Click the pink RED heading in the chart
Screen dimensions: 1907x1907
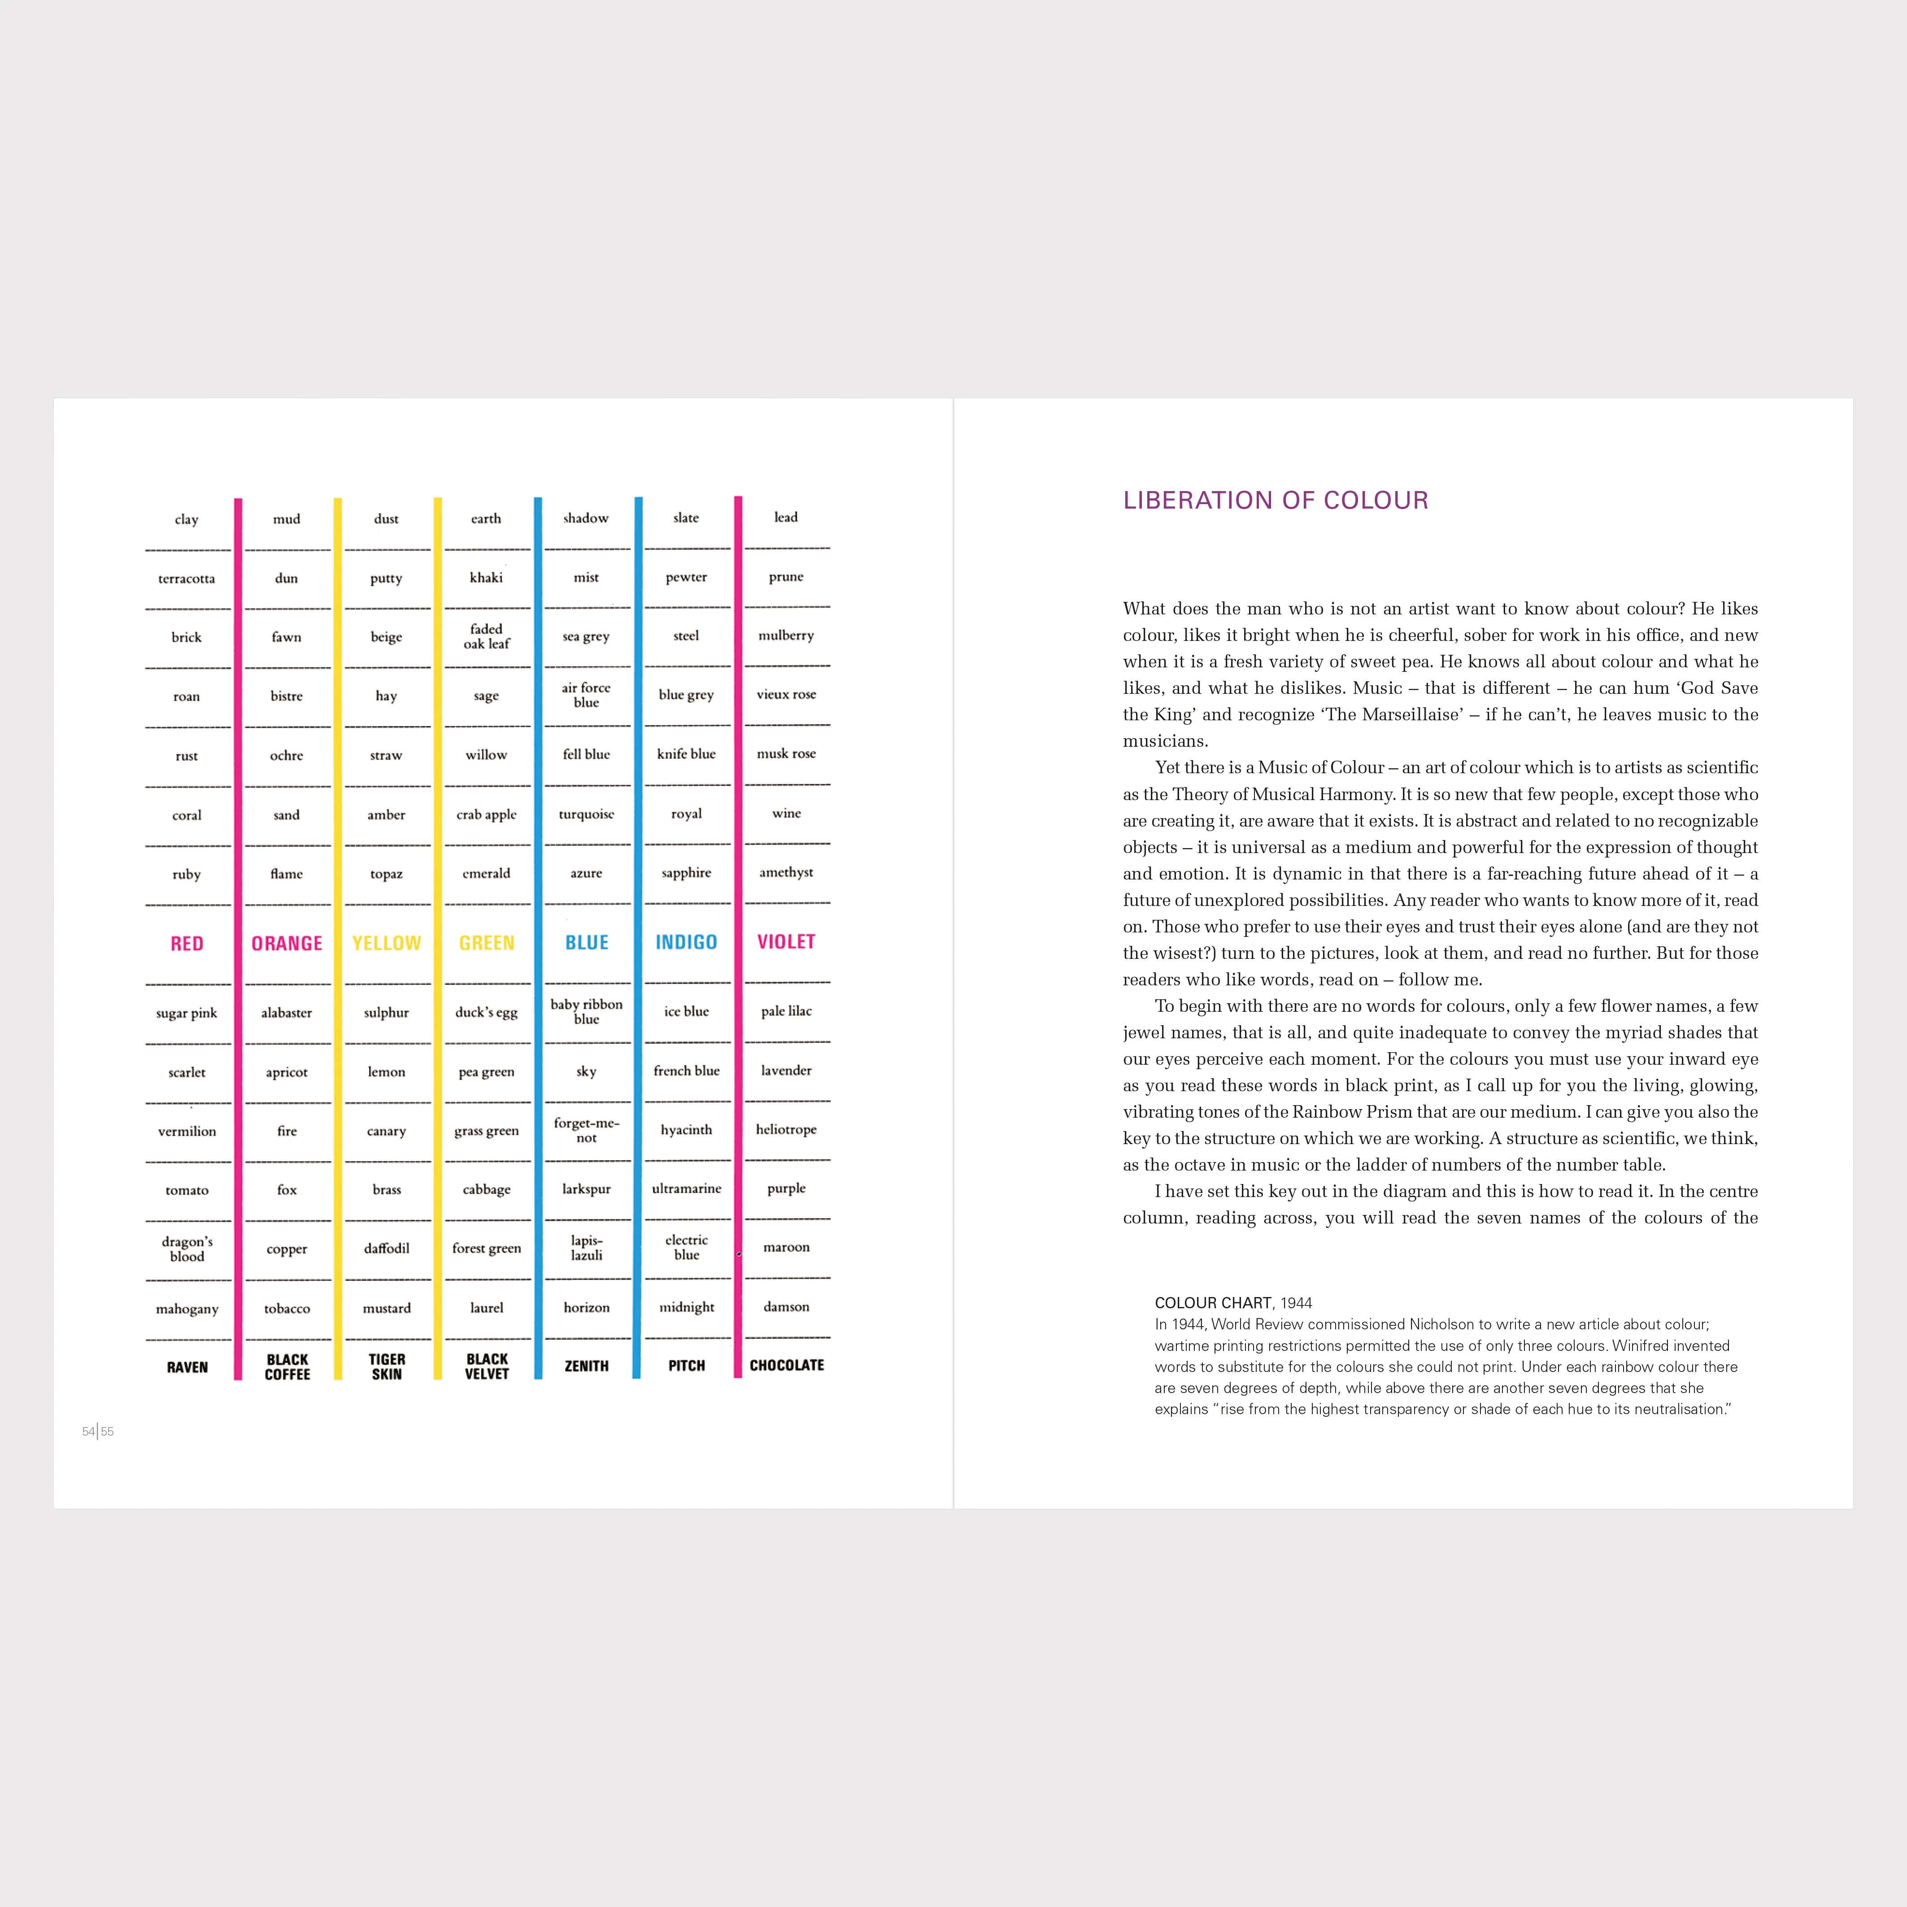pyautogui.click(x=187, y=944)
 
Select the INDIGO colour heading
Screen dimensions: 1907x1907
pyautogui.click(x=686, y=943)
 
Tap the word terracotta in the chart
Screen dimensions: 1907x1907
pyautogui.click(x=187, y=579)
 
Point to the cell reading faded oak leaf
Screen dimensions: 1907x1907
pyautogui.click(x=487, y=637)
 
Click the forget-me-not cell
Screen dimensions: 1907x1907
pyautogui.click(x=586, y=1130)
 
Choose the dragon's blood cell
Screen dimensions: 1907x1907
pyautogui.click(x=187, y=1249)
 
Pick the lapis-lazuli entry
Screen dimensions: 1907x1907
pyautogui.click(x=586, y=1248)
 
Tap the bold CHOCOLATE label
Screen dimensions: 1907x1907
pyautogui.click(x=787, y=1365)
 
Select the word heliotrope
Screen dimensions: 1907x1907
pyautogui.click(x=787, y=1129)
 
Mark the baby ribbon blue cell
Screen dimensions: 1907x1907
pyautogui.click(x=586, y=1012)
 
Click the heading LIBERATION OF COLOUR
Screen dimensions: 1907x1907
pyautogui.click(x=1275, y=501)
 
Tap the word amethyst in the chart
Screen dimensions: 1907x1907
pyautogui.click(x=787, y=873)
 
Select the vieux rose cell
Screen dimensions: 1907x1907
pyautogui.click(x=787, y=695)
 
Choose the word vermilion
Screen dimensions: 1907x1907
pyautogui.click(x=187, y=1131)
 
